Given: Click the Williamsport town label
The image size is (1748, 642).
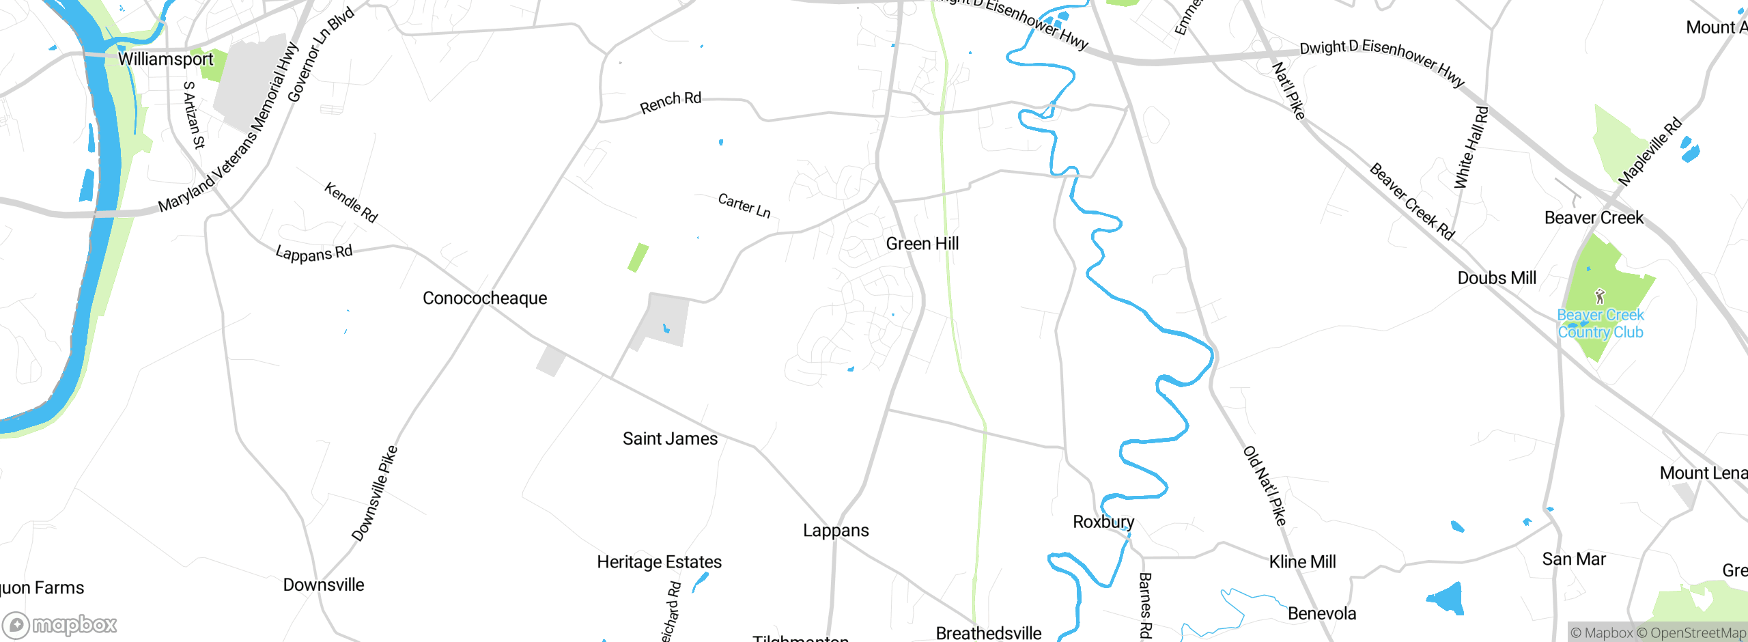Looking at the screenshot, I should pos(166,59).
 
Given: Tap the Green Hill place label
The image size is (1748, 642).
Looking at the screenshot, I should pos(922,244).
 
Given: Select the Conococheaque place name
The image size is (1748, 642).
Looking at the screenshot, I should pos(485,298).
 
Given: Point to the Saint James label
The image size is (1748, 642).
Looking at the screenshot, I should pos(670,438).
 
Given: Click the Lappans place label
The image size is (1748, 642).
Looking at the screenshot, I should pos(836,531).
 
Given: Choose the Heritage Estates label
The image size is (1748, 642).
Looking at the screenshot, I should pos(659,562).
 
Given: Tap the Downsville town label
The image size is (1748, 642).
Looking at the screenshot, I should pos(324,585).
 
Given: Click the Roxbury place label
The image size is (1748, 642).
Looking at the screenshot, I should pos(1103,522).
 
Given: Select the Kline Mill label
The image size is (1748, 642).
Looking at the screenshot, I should pos(1302,562).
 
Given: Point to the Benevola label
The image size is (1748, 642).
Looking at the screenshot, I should pos(1321,614).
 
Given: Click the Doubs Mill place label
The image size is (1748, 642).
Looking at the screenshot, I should pos(1497,278).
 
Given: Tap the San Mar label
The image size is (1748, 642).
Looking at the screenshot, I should pos(1574,559).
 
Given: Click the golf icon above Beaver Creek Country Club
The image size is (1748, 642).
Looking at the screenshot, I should pos(1600,296).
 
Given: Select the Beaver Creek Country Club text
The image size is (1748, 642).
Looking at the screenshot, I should pos(1601,324).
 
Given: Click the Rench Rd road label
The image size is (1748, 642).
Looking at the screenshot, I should pos(671,102).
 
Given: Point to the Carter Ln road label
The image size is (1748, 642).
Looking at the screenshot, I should pos(744,206).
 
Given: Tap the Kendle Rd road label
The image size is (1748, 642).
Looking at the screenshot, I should pos(351,202).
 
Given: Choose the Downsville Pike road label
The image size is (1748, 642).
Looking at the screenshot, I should pos(374,493).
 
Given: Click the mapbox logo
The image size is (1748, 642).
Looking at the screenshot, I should pos(60,624).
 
